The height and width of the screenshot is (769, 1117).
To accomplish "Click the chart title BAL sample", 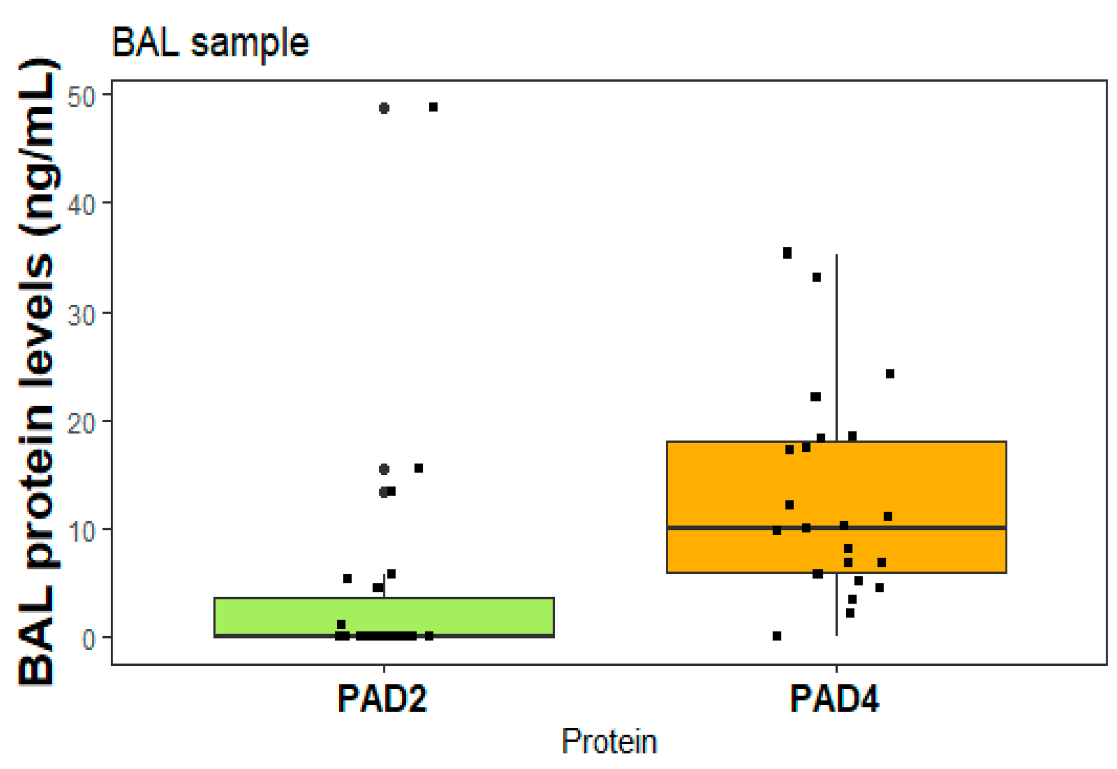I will (x=210, y=43).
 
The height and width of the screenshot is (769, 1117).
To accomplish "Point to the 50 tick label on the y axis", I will (x=81, y=96).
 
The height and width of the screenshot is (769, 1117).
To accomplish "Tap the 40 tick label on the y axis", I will (x=81, y=205).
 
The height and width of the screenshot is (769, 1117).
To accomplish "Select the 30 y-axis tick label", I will (x=81, y=314).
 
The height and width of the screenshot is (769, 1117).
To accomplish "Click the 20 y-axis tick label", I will (x=81, y=423).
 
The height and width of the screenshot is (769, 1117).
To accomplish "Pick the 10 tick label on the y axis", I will (x=81, y=531).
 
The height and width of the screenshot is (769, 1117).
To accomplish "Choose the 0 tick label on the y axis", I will (x=89, y=640).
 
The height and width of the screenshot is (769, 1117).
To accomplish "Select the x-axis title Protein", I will (x=609, y=741).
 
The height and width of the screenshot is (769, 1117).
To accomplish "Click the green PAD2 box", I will (x=474, y=617).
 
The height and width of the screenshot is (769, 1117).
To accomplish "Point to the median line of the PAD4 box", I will (x=949, y=527).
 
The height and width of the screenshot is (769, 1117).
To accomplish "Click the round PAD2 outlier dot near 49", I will (x=384, y=108).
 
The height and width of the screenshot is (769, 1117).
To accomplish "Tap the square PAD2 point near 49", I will (x=433, y=107).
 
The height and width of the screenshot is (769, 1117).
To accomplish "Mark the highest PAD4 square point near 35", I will (x=787, y=253).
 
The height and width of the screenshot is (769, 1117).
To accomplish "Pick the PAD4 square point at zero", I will (x=777, y=636).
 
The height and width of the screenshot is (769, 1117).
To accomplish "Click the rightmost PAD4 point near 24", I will (x=890, y=374).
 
